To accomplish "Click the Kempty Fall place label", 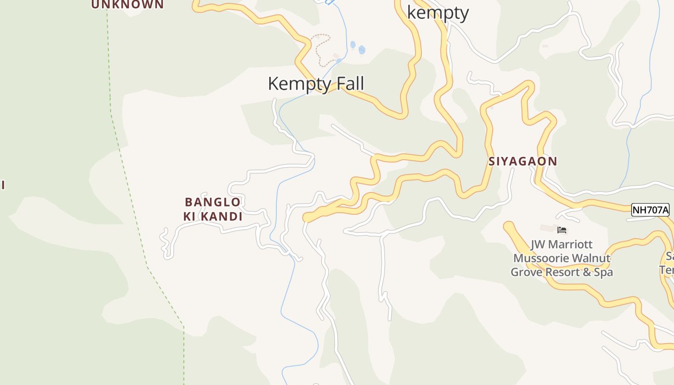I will [x=316, y=84].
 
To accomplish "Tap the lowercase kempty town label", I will [x=438, y=13].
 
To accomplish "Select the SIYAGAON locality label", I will [x=523, y=161].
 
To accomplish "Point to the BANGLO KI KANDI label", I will [x=213, y=209].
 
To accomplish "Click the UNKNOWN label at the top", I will [x=128, y=5].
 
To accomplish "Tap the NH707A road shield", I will [x=650, y=210].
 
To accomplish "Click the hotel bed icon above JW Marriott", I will [x=561, y=230].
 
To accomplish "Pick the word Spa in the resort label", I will [x=603, y=272].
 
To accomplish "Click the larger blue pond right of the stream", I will [x=362, y=50].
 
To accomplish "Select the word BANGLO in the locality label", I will [x=213, y=202].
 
